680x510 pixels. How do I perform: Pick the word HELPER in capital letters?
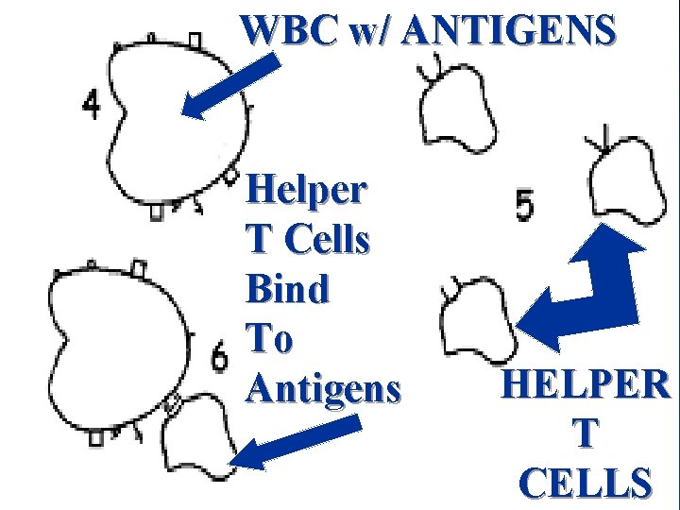[586, 385]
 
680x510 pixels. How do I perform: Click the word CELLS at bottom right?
[586, 482]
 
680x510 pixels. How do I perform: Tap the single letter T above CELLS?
[586, 433]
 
